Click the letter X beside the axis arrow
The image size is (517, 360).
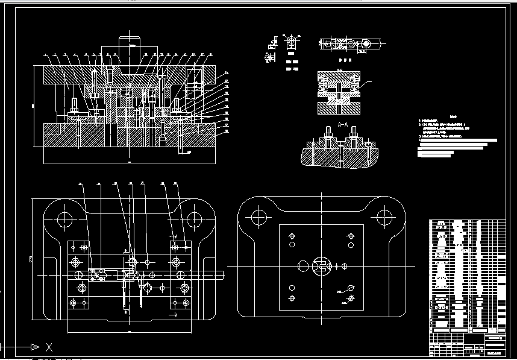point(49,347)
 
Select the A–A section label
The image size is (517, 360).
point(343,124)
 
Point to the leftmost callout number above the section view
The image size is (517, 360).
point(45,54)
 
